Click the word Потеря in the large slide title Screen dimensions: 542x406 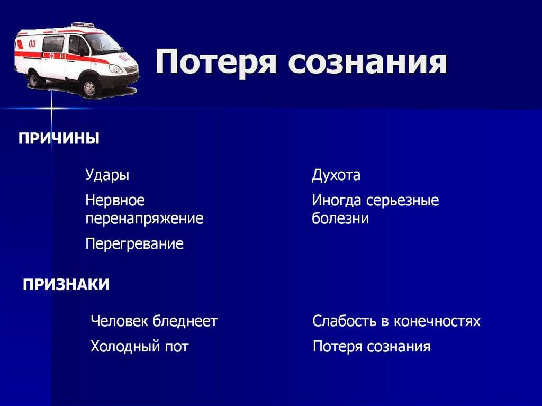click(x=216, y=63)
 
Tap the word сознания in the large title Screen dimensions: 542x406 click(x=368, y=62)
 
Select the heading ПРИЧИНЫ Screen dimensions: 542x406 click(x=59, y=138)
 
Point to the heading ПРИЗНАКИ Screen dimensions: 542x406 click(x=66, y=285)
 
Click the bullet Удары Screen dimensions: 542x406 click(x=107, y=175)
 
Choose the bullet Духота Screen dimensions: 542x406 click(x=336, y=175)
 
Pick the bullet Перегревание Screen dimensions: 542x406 click(x=134, y=244)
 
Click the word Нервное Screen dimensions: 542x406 click(x=115, y=200)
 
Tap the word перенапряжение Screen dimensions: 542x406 click(x=144, y=219)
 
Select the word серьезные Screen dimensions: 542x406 click(x=402, y=201)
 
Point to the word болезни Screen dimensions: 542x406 click(x=340, y=218)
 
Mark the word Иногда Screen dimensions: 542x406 click(x=337, y=201)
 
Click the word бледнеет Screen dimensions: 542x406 click(x=185, y=321)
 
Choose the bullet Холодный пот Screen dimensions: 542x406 click(x=140, y=346)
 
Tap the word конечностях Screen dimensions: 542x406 click(x=437, y=321)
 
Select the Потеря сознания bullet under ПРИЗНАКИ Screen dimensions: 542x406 click(x=372, y=347)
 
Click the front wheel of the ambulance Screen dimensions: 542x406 click(x=89, y=88)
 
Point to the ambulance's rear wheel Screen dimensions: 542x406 click(x=35, y=80)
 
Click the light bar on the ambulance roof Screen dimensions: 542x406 click(x=83, y=25)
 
